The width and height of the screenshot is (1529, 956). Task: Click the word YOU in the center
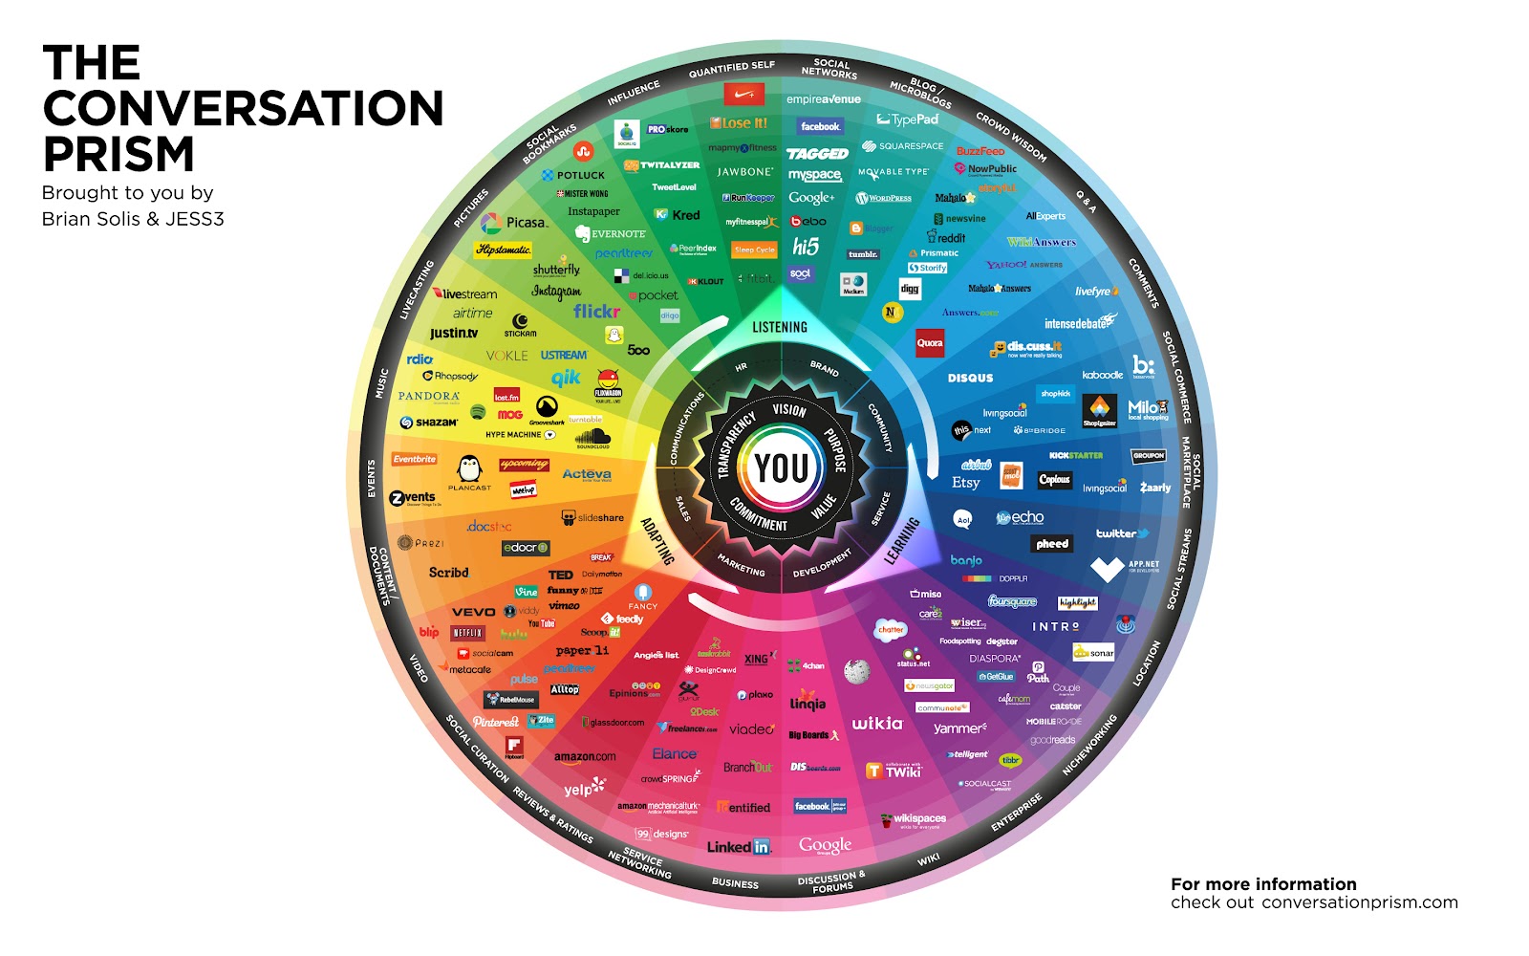pos(782,468)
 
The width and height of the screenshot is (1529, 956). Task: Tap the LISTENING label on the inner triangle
pos(780,327)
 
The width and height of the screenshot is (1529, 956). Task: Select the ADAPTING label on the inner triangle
pos(657,541)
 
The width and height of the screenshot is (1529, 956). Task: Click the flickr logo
pos(596,311)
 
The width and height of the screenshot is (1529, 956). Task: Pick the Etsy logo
pos(965,483)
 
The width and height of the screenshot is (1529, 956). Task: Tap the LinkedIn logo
pos(739,847)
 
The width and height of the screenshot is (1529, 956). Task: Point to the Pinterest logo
pos(496,722)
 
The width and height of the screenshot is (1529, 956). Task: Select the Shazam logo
pos(429,422)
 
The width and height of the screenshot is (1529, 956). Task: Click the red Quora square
pos(930,343)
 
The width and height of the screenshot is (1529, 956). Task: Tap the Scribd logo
pos(448,573)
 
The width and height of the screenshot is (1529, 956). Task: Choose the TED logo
pos(560,575)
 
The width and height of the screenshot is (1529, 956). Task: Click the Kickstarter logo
pos(1075,455)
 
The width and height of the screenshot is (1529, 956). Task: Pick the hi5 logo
pos(806,247)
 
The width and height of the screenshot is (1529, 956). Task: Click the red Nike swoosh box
pos(744,95)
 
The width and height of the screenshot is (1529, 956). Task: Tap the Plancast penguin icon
pos(469,468)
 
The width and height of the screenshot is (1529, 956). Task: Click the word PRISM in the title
pos(118,153)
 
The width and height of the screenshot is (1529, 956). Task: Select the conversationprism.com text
pos(1359,902)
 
